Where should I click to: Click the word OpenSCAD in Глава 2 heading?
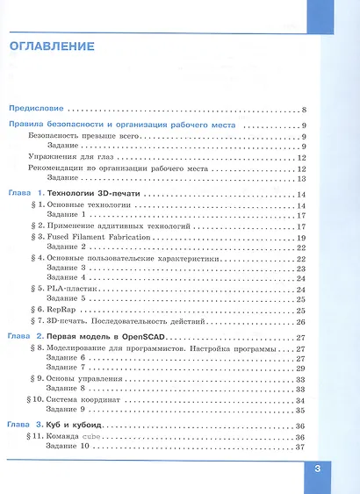tap(144, 337)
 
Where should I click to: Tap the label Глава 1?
tap(25, 193)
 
